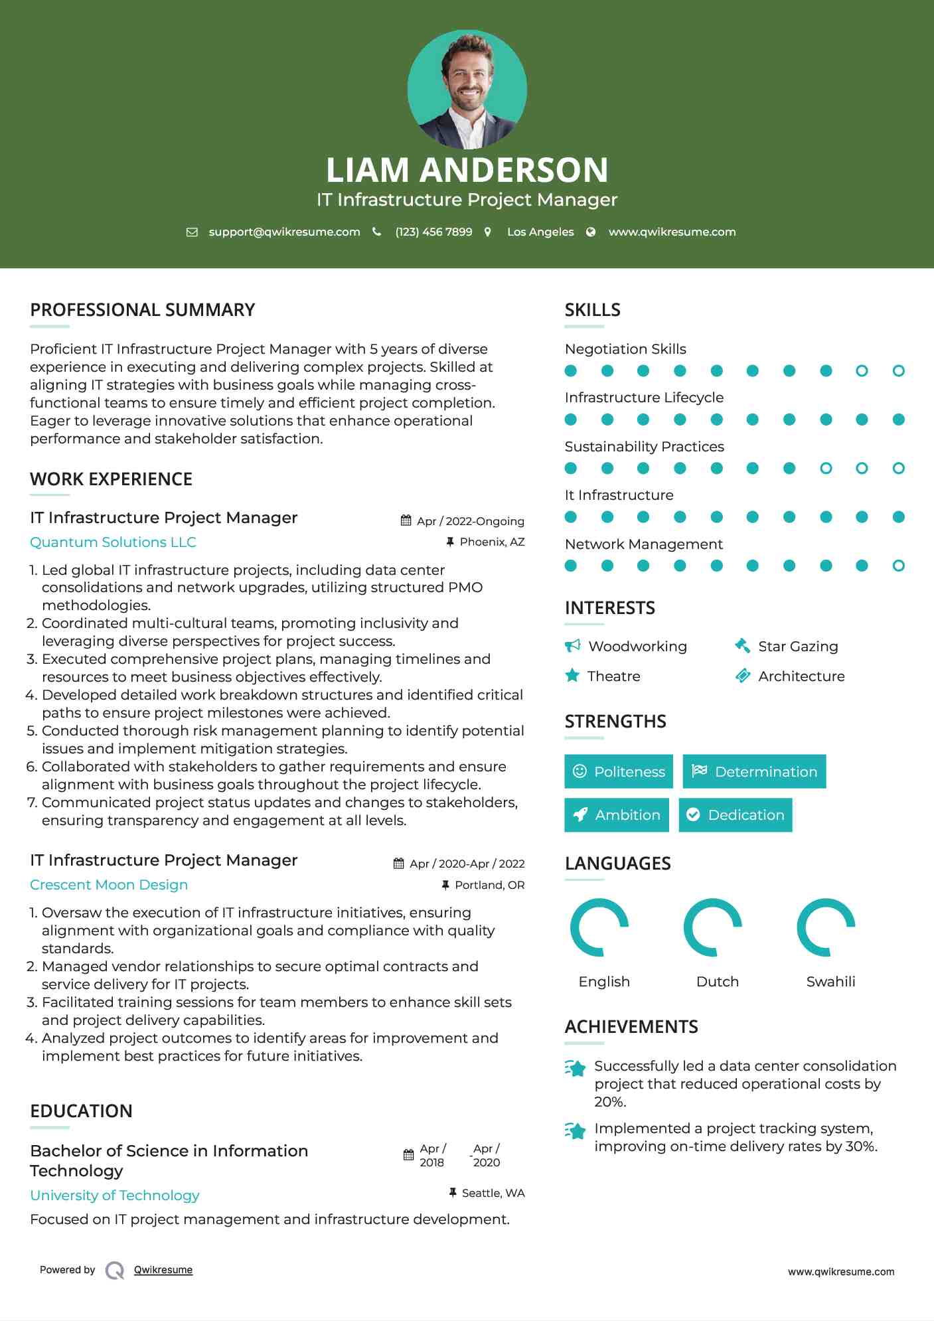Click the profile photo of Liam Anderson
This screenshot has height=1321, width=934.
[467, 89]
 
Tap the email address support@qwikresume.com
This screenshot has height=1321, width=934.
[284, 232]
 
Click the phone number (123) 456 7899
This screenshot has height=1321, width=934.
[433, 232]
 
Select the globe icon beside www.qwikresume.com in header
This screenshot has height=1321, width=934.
[591, 232]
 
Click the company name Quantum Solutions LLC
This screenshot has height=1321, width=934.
[113, 542]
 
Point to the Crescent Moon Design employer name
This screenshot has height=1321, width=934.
[109, 885]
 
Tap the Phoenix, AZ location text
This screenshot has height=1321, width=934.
[492, 542]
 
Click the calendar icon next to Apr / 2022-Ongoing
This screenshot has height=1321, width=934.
[406, 521]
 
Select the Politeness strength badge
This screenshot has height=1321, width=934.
[618, 771]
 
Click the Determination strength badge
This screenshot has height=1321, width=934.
[754, 771]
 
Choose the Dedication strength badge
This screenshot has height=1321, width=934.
[735, 815]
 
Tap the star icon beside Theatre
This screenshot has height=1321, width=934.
[572, 676]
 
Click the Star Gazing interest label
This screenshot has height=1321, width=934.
[798, 647]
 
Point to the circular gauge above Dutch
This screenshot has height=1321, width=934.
[713, 927]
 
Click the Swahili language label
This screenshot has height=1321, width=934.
[830, 982]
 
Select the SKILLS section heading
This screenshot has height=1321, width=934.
[592, 310]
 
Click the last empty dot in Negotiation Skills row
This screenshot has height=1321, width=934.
[898, 371]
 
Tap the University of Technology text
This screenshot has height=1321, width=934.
[115, 1196]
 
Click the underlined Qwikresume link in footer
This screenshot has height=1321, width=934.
[163, 1270]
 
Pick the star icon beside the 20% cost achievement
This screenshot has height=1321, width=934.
[576, 1069]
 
